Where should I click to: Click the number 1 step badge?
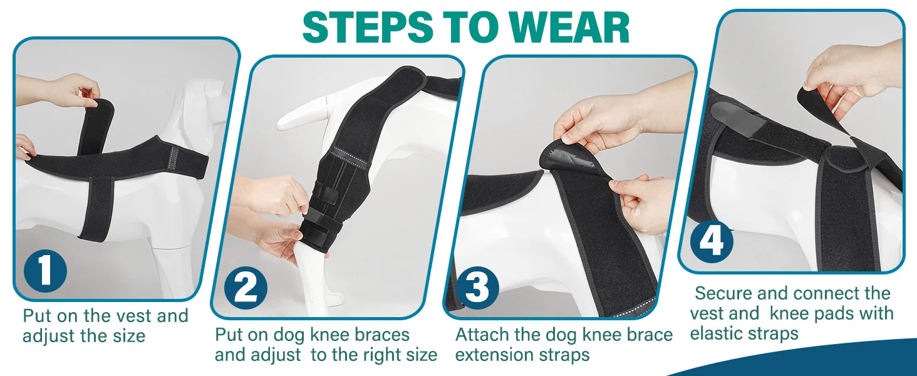(x=45, y=271)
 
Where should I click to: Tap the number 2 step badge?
(x=246, y=288)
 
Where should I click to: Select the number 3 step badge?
(x=477, y=287)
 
